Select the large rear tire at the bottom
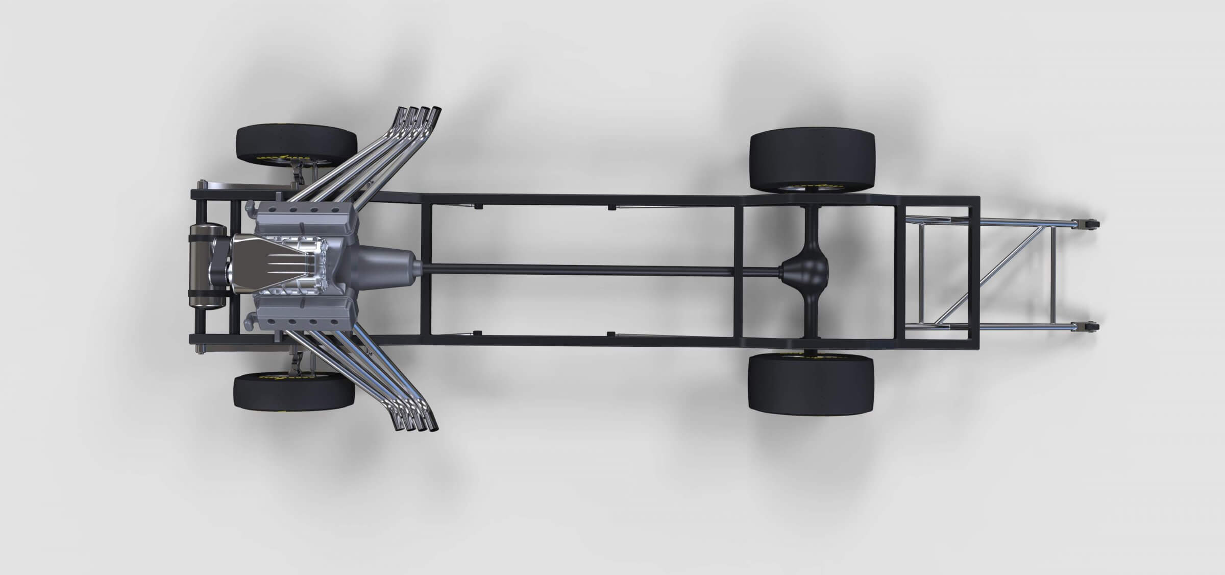point(811,384)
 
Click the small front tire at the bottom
point(293,393)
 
